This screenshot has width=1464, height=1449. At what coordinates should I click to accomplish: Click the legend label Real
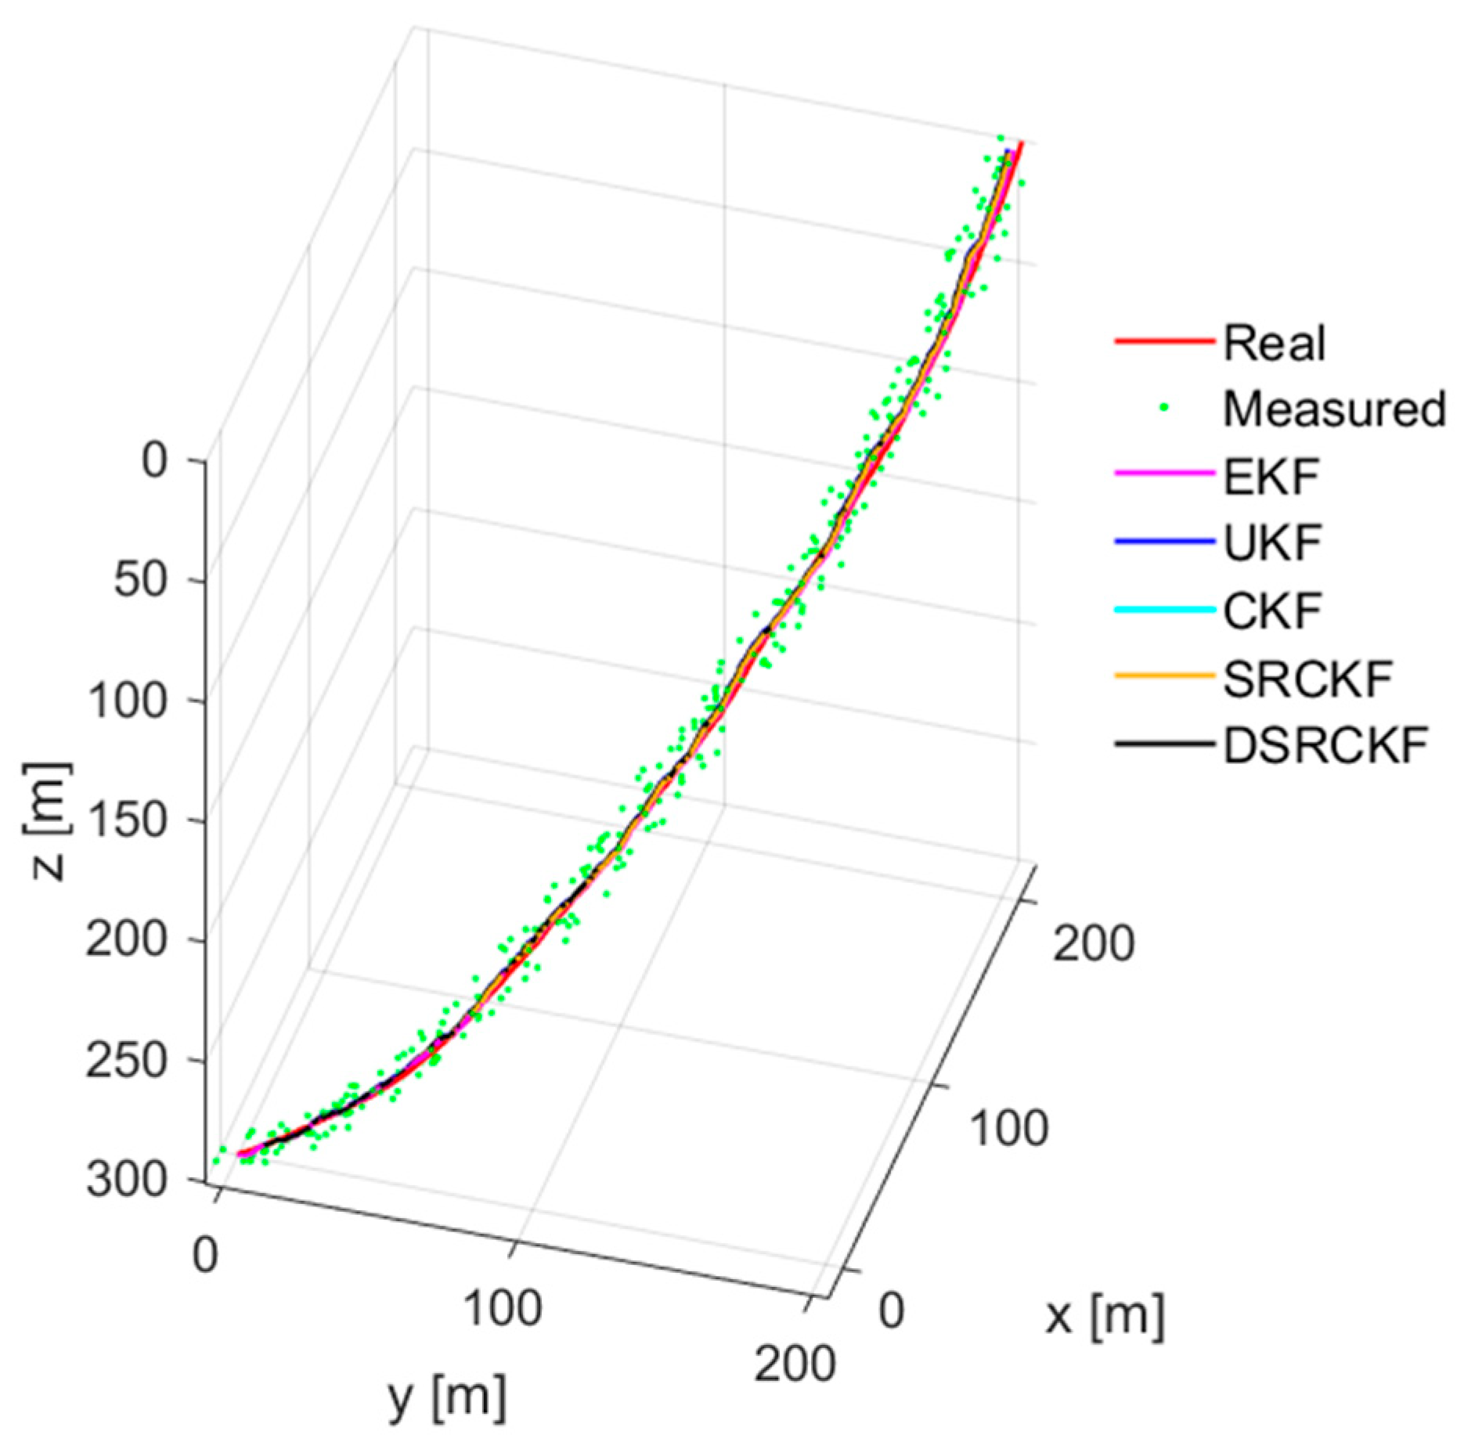tap(1275, 344)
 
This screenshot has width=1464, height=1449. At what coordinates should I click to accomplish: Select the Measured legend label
tap(1334, 409)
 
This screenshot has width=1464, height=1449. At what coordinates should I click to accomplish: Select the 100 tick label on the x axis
tap(1008, 1129)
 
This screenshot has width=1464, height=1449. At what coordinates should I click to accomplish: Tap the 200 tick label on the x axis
tap(1093, 943)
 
